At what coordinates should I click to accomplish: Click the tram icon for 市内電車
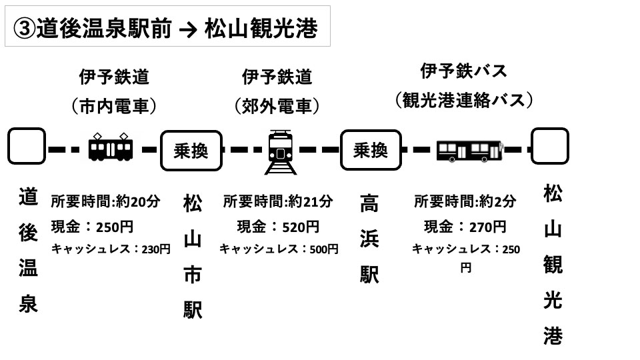tap(110, 147)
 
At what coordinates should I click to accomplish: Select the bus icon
tap(469, 151)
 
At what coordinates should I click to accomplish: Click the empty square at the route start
tap(27, 146)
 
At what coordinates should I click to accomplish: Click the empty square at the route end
tap(549, 146)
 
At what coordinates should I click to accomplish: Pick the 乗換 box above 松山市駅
tap(191, 151)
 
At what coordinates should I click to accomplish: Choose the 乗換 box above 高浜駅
tap(371, 150)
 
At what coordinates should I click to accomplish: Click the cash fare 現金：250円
tap(93, 227)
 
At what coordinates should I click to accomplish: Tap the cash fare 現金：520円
tap(278, 227)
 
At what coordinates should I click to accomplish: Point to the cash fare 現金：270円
tap(465, 227)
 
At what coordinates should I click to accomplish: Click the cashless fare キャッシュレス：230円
tap(111, 249)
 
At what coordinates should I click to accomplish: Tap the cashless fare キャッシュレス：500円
tap(279, 249)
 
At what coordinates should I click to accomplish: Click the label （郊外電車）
tap(277, 106)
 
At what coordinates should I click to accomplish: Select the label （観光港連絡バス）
tap(465, 101)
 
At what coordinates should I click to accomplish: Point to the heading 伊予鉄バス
tap(464, 71)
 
